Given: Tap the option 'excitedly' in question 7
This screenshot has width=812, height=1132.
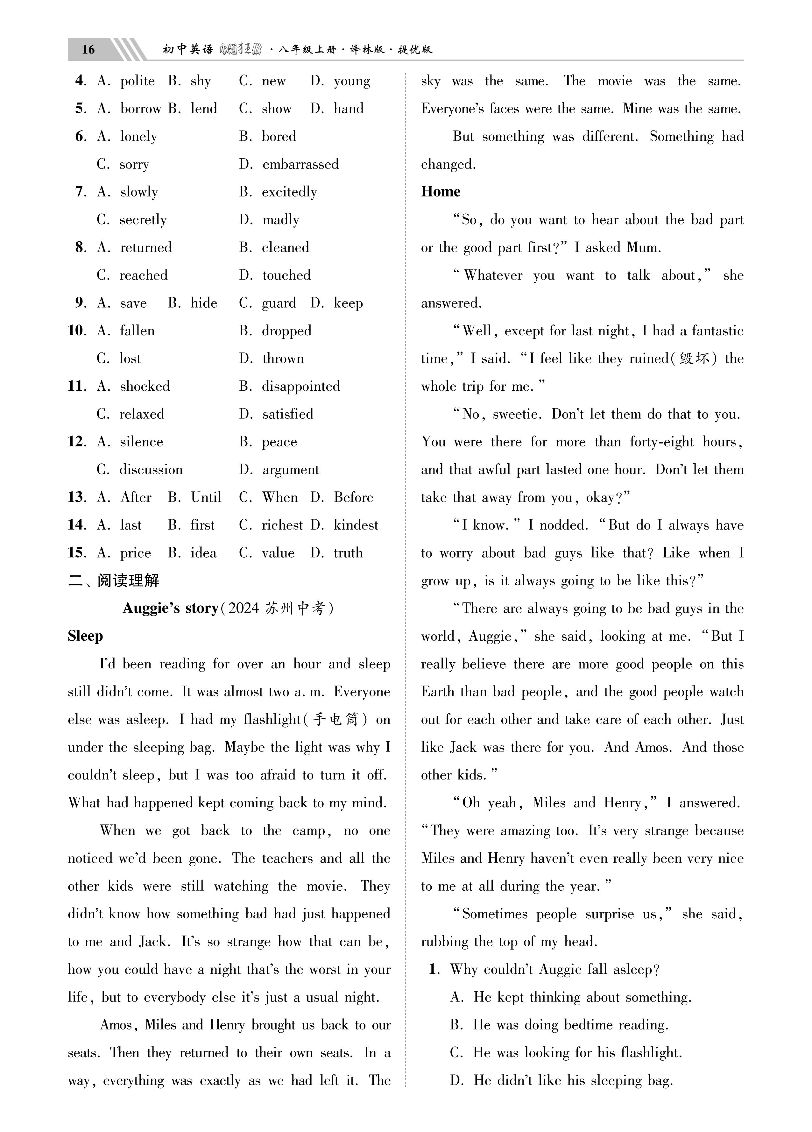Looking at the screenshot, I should [x=289, y=192].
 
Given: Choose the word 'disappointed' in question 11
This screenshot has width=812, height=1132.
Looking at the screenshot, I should [x=300, y=386].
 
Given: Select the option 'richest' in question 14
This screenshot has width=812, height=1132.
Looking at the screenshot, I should [x=282, y=525].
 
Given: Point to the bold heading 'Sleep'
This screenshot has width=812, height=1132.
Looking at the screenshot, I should [x=85, y=636].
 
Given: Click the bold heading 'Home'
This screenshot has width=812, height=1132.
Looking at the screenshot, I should [x=440, y=192].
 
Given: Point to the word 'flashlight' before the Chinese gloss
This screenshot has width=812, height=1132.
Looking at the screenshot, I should [x=272, y=720].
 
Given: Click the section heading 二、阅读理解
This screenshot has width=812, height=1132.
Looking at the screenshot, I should [x=114, y=580].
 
